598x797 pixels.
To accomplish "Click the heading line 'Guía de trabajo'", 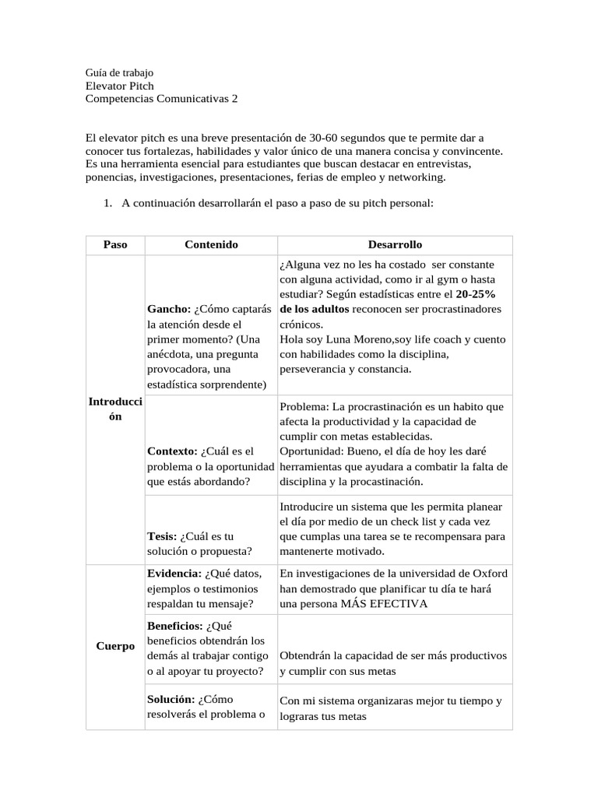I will (119, 72).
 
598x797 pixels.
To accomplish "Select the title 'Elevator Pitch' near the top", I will (119, 86).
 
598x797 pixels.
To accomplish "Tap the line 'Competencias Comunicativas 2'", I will (161, 99).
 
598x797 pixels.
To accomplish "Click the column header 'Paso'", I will (114, 244).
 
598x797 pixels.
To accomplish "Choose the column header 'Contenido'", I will (211, 244).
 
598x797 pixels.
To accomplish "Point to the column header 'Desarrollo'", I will (395, 244).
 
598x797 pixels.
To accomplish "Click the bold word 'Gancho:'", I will (169, 309).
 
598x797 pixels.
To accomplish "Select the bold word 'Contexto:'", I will (172, 451).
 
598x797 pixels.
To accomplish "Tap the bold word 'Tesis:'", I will (162, 536).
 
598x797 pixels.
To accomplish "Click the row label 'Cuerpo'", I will (115, 646).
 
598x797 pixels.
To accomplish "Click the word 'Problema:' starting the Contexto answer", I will (304, 406).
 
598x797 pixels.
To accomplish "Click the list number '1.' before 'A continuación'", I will (108, 203).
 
